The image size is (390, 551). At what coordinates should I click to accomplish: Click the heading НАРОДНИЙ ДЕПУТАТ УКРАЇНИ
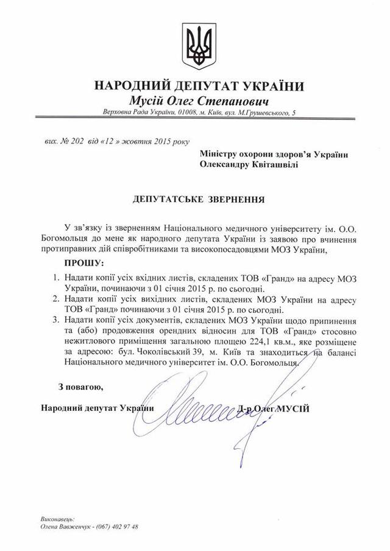[x=195, y=85]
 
